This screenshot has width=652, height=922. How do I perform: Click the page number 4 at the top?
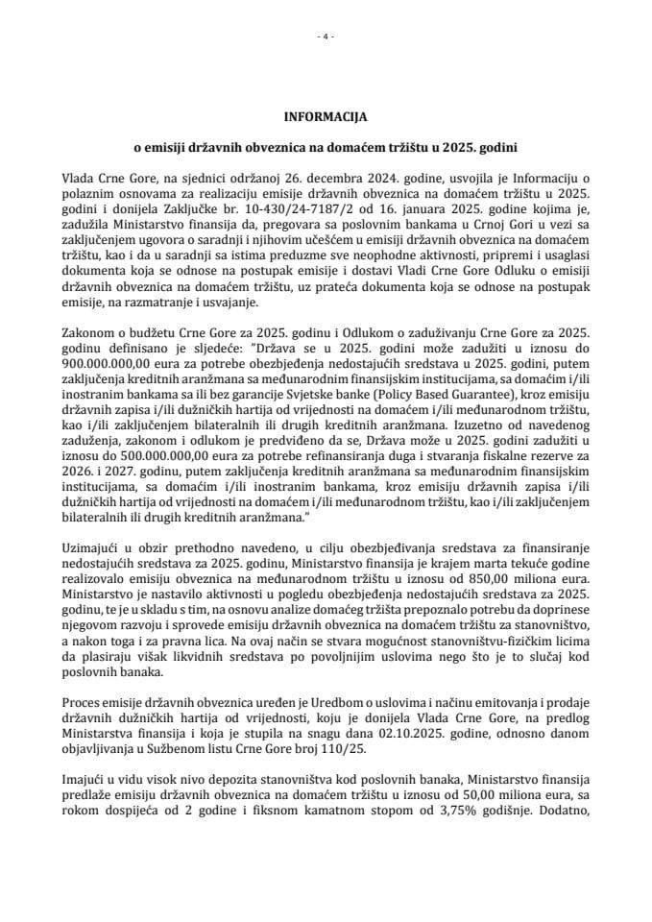click(x=326, y=37)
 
